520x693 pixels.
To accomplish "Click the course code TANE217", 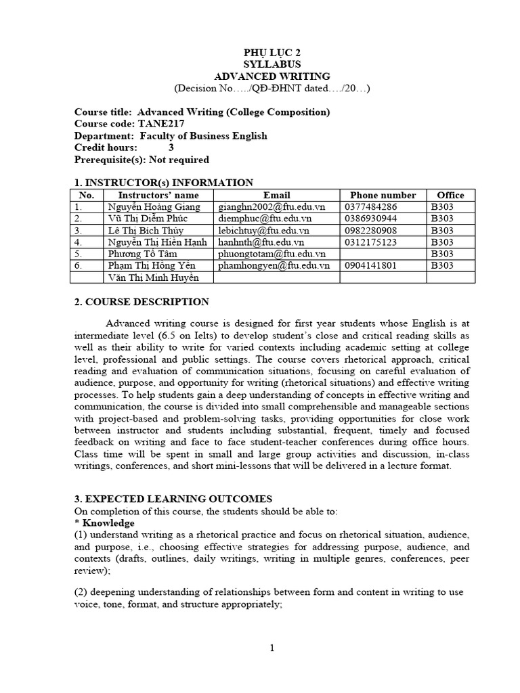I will [x=163, y=124].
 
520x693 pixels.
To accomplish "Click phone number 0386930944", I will [x=371, y=219].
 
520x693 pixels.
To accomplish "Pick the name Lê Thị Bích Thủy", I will [x=143, y=230].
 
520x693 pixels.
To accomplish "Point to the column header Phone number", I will [x=383, y=195].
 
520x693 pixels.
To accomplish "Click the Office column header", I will [x=450, y=195].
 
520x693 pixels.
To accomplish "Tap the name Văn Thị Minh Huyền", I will [x=150, y=277].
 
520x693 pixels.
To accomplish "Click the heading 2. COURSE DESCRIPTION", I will [x=142, y=302].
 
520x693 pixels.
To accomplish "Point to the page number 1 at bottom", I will [x=272, y=648].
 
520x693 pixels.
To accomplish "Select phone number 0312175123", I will [x=371, y=242].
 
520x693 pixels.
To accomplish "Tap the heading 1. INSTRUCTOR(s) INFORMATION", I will [x=164, y=182].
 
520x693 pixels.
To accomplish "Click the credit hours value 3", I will [x=171, y=148].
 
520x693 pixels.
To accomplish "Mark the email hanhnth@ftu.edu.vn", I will [x=261, y=242].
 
